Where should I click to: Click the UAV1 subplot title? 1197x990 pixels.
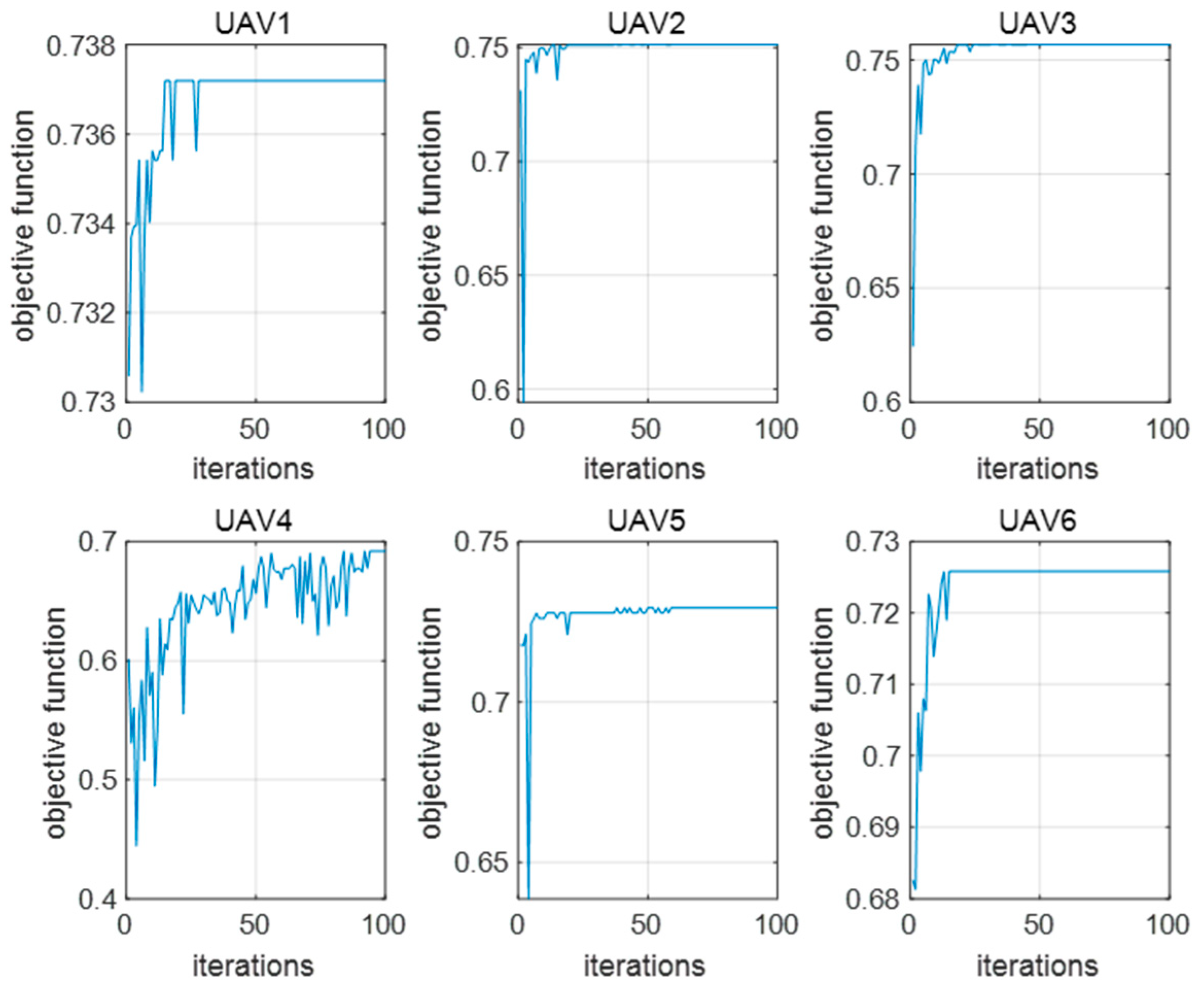[x=253, y=24]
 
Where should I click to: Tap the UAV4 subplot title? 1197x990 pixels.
[x=253, y=520]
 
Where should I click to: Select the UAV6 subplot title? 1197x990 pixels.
[x=1038, y=520]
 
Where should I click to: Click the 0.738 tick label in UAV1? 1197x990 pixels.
[x=80, y=46]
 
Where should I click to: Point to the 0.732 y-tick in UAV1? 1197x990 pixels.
[x=80, y=313]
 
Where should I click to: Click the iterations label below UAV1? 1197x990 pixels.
[x=253, y=469]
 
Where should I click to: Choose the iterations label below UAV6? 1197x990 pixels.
[x=1038, y=965]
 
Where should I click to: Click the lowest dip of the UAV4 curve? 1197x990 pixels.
[x=136, y=844]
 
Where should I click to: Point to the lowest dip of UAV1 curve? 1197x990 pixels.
[x=141, y=391]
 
